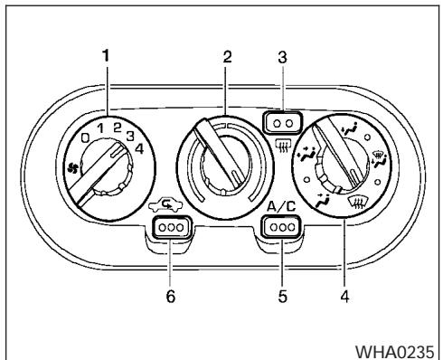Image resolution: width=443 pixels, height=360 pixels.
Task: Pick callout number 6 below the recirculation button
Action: pyautogui.click(x=168, y=296)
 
